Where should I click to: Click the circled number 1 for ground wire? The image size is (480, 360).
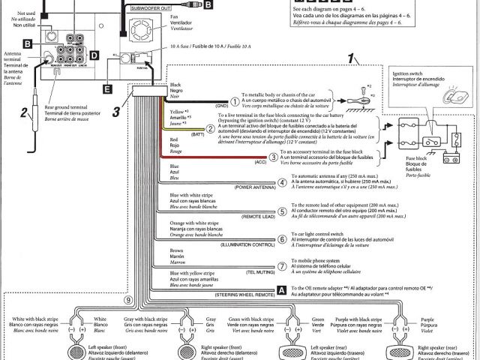[x=234, y=101]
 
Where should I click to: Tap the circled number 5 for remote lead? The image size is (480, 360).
[x=282, y=211]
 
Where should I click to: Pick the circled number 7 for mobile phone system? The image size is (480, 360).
[x=282, y=265]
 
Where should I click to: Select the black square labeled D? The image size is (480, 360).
[x=94, y=55]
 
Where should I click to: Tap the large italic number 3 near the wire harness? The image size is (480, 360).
[x=116, y=113]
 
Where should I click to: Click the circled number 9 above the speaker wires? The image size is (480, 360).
[x=128, y=300]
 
